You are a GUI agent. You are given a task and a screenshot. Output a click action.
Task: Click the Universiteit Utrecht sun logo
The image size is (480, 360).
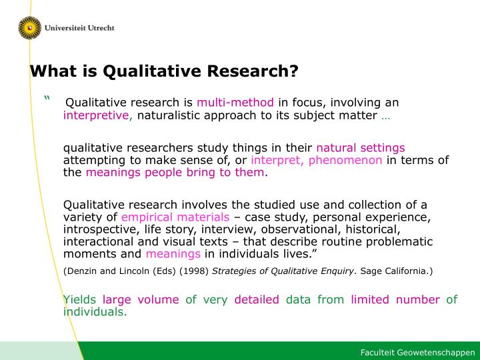click(30, 28)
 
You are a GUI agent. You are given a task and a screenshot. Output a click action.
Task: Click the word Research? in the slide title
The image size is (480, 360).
click(253, 71)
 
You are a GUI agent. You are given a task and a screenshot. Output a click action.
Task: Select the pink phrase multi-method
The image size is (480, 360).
click(235, 102)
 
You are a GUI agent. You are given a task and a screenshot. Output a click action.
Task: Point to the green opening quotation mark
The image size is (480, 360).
click(47, 98)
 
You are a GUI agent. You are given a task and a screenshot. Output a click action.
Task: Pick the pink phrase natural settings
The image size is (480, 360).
click(361, 148)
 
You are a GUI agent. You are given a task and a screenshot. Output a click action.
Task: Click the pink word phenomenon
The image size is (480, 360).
click(345, 160)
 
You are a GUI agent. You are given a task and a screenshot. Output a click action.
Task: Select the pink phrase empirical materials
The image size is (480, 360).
click(175, 217)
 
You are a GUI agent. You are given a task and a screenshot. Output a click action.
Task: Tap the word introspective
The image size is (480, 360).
click(101, 229)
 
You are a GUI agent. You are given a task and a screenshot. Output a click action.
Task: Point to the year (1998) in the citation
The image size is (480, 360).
click(194, 271)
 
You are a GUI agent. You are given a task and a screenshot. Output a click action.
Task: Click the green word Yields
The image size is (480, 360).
click(79, 299)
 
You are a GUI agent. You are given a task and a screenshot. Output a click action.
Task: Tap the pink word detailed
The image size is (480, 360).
click(257, 299)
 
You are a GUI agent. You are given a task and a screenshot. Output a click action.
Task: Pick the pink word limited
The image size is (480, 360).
click(370, 299)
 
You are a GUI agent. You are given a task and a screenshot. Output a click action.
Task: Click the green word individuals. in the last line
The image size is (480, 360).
click(95, 311)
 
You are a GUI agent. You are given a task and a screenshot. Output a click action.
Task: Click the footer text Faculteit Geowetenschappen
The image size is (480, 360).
click(417, 353)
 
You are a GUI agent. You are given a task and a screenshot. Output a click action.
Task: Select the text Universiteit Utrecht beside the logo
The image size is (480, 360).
click(79, 28)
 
